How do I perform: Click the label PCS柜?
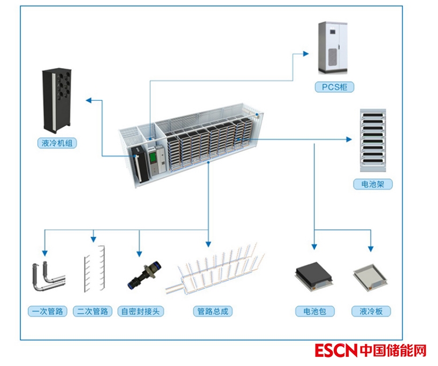coord(334,87)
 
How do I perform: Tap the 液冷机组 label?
coord(57,143)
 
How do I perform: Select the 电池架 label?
coord(373,184)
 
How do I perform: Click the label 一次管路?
coord(48,311)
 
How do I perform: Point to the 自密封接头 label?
coord(141,311)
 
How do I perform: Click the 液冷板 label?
coord(371,311)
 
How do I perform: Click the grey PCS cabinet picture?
coord(333,48)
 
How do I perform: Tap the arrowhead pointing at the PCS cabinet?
coord(306,53)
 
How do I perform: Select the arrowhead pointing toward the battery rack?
coord(349,139)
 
